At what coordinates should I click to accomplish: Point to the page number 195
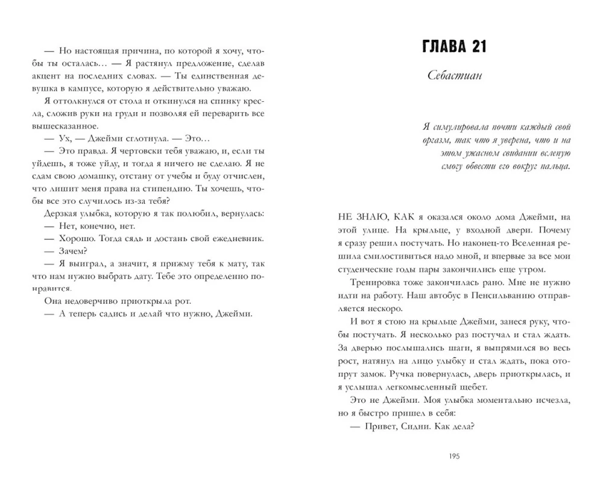pyautogui.click(x=455, y=456)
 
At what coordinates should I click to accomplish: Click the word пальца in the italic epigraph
pyautogui.click(x=555, y=166)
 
